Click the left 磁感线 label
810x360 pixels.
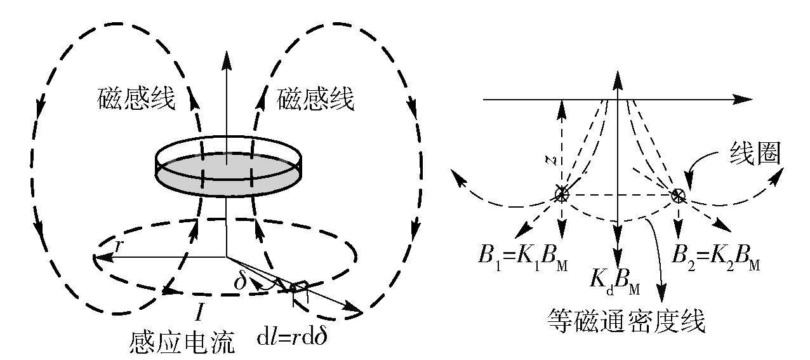click(x=136, y=100)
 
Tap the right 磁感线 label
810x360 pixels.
click(x=316, y=100)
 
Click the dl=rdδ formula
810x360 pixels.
click(x=296, y=335)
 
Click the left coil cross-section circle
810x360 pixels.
click(x=561, y=194)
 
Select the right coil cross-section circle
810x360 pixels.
click(x=678, y=195)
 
